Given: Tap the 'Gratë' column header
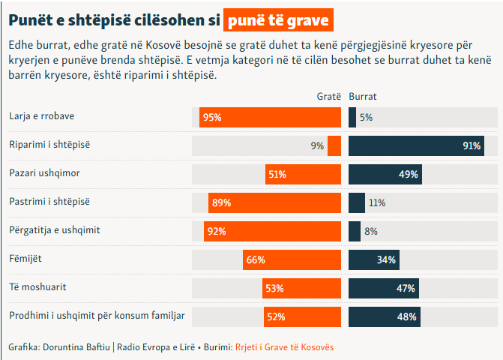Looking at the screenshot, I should [328, 97].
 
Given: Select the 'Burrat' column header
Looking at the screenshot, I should [363, 97].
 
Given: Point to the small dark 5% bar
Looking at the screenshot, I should [352, 117].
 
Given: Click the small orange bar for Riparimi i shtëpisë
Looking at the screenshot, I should [334, 145].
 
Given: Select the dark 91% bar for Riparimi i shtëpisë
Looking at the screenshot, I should [416, 145].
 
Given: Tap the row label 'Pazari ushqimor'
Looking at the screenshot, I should [44, 174].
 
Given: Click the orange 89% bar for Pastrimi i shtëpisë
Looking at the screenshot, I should [275, 202].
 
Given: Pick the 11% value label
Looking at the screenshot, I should [376, 202].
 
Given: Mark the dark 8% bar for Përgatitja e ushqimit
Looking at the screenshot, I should [355, 231].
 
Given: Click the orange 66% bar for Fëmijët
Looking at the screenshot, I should [292, 259].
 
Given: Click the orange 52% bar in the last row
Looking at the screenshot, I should [303, 316].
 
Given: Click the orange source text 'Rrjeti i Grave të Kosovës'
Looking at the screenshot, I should [285, 347].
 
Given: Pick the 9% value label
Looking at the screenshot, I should [317, 146].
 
